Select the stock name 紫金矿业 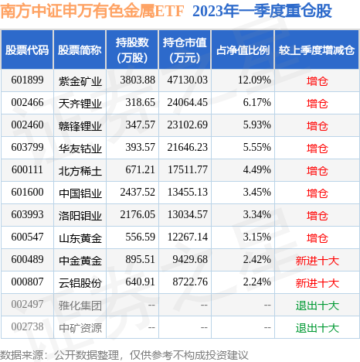click(80, 80)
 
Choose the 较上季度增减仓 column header click(316, 50)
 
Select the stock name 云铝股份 click(80, 283)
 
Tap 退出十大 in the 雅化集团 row click(316, 306)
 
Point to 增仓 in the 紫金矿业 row click(316, 80)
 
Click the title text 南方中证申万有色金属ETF click(93, 12)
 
